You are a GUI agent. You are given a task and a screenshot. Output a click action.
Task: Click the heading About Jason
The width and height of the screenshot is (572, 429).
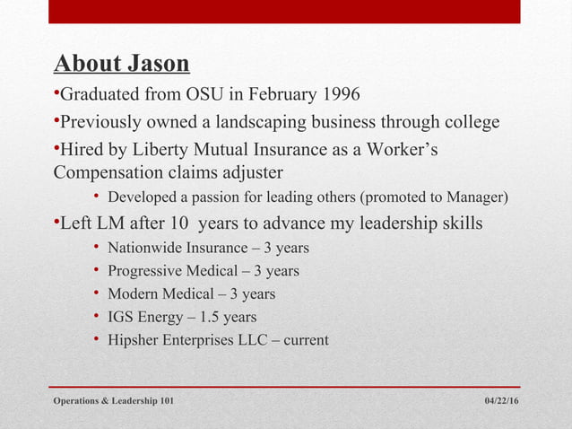click(x=122, y=64)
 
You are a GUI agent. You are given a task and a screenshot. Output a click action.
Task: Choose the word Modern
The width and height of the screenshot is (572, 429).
click(x=132, y=293)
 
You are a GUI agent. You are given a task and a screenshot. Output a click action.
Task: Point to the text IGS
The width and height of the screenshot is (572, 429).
click(x=119, y=317)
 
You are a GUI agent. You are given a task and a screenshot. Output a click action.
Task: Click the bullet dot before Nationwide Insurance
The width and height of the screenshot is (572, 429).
click(x=96, y=247)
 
